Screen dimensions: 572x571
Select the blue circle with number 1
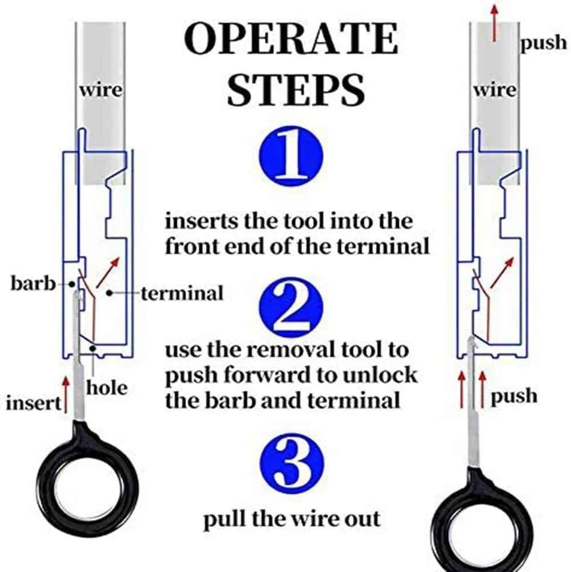291,156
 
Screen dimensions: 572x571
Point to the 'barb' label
33,283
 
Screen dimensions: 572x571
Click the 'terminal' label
182,294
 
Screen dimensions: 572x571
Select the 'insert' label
33,403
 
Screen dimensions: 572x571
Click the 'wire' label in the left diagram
100,90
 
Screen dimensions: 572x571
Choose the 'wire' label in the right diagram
494,90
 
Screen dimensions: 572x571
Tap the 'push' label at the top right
543,43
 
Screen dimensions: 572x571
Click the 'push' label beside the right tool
514,395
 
